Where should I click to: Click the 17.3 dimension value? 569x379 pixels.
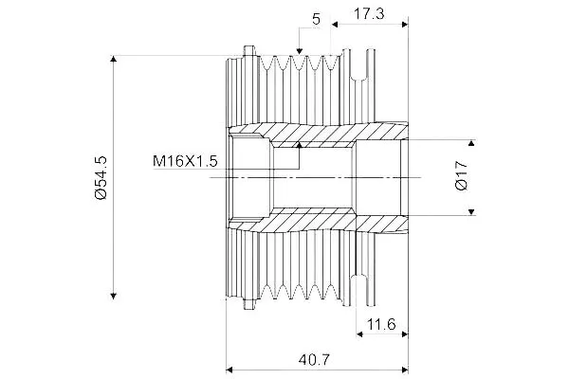point(369,14)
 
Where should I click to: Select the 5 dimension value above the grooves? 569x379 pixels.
point(317,19)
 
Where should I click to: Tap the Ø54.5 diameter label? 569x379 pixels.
point(101,178)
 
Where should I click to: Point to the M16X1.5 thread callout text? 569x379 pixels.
point(185,161)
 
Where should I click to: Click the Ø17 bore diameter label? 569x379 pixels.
point(461,176)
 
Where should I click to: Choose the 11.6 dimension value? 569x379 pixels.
point(381,324)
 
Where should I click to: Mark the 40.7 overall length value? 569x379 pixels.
point(314,360)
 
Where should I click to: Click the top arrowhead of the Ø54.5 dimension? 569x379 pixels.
point(114,59)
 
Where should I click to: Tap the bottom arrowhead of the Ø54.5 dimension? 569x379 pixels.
point(114,296)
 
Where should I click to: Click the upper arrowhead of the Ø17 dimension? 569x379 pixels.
point(471,143)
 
